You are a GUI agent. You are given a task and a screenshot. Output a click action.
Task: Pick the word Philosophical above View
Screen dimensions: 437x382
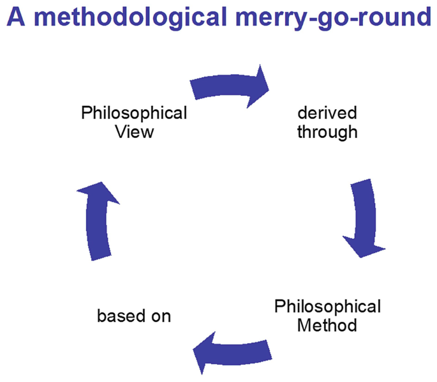pos(133,113)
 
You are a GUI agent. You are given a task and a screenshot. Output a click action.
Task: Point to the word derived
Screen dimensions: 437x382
pos(327,113)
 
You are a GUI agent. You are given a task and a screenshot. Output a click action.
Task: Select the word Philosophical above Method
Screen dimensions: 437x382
pos(327,305)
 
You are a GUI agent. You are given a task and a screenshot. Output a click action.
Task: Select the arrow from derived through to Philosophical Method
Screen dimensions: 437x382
pos(361,217)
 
